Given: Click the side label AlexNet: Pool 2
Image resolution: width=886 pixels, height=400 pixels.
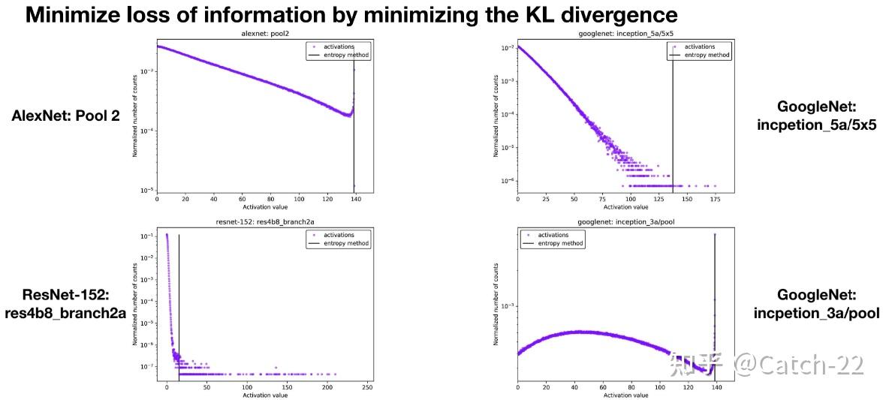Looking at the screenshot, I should [66, 116].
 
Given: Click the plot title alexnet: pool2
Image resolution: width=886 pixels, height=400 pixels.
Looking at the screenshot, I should [265, 35].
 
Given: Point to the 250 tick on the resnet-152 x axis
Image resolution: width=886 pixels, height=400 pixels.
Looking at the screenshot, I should [367, 388].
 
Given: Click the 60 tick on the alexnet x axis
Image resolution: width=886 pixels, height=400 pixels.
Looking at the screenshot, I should [243, 200].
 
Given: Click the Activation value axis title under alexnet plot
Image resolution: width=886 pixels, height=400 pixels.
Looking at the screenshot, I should [265, 207].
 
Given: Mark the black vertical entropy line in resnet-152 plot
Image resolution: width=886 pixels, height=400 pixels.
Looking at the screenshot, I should [179, 300].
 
